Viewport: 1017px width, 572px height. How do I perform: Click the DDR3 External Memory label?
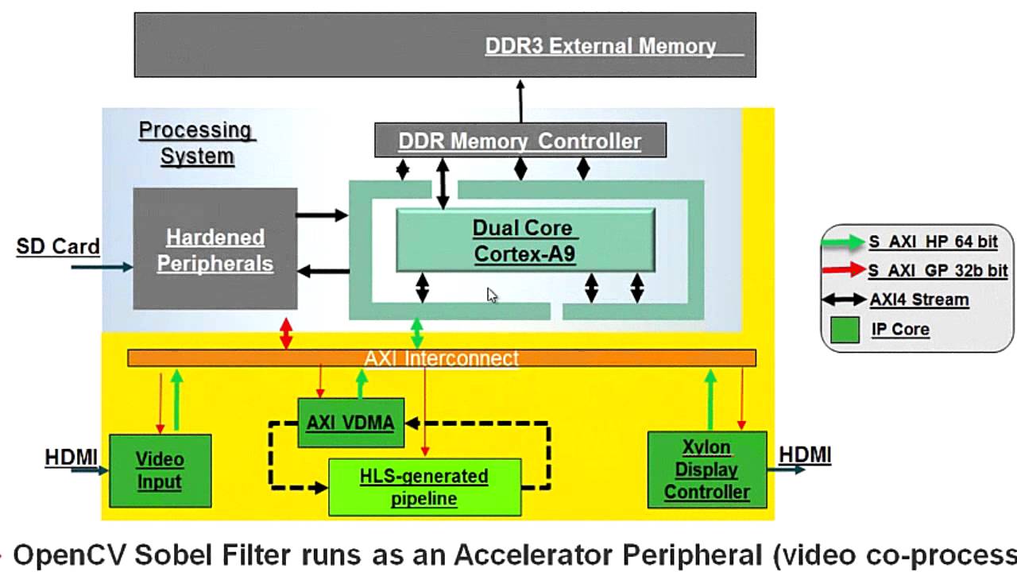(x=601, y=46)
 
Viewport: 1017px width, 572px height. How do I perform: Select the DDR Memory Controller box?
(x=520, y=141)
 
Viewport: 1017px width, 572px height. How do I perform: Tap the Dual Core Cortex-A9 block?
(x=524, y=241)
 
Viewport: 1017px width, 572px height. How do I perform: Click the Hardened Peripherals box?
(x=215, y=249)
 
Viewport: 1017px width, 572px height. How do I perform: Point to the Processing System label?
(x=196, y=143)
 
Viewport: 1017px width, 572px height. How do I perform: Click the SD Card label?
(x=57, y=246)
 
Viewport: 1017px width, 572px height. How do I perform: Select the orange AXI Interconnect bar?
(x=441, y=358)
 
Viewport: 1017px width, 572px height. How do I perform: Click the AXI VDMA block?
(x=350, y=423)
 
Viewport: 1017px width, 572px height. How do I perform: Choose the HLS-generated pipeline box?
(x=424, y=487)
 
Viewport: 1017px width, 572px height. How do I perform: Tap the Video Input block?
(x=160, y=470)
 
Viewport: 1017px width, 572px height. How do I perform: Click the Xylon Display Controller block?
(x=706, y=470)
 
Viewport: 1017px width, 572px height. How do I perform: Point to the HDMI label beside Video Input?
(x=71, y=457)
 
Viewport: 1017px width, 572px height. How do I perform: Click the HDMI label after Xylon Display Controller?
(x=805, y=454)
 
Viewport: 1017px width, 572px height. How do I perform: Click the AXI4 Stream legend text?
(x=919, y=300)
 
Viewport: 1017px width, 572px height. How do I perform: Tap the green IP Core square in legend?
(x=845, y=330)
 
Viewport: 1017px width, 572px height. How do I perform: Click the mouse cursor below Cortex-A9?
(x=492, y=295)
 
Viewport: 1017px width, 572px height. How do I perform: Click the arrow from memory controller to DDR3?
(x=520, y=101)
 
